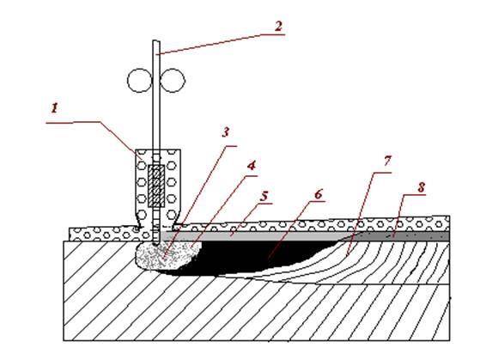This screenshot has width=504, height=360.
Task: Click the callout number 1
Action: [55, 107]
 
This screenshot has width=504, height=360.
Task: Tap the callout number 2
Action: [278, 26]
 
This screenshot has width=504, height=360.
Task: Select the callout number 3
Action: [226, 131]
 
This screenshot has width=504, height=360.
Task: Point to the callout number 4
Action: [252, 165]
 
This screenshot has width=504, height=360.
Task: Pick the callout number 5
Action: [264, 196]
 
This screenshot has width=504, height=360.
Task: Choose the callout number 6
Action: [318, 194]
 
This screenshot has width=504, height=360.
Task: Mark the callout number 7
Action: [387, 160]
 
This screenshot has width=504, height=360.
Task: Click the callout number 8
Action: [421, 187]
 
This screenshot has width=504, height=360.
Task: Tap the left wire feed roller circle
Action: [139, 80]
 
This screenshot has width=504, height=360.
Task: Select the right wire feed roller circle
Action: [173, 80]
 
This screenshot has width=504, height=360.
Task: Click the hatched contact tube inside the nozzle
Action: [156, 186]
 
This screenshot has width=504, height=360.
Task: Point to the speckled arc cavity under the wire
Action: [167, 256]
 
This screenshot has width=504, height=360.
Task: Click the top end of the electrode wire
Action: [156, 41]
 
